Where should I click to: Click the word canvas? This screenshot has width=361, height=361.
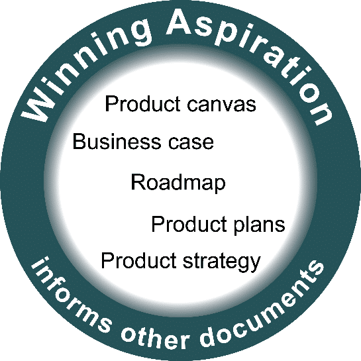[221, 105]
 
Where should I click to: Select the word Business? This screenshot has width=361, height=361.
[117, 142]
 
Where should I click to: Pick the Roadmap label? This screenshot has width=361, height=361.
[178, 182]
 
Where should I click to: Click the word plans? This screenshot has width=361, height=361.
[260, 225]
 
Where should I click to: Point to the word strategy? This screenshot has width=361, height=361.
[222, 262]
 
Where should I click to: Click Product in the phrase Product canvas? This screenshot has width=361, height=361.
[142, 104]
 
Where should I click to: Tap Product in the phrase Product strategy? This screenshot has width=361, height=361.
[138, 260]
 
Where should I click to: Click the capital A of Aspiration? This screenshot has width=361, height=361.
[182, 23]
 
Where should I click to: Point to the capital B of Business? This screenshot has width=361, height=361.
[79, 142]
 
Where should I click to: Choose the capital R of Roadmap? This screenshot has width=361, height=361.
[138, 181]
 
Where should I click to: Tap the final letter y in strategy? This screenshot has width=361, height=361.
[254, 264]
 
